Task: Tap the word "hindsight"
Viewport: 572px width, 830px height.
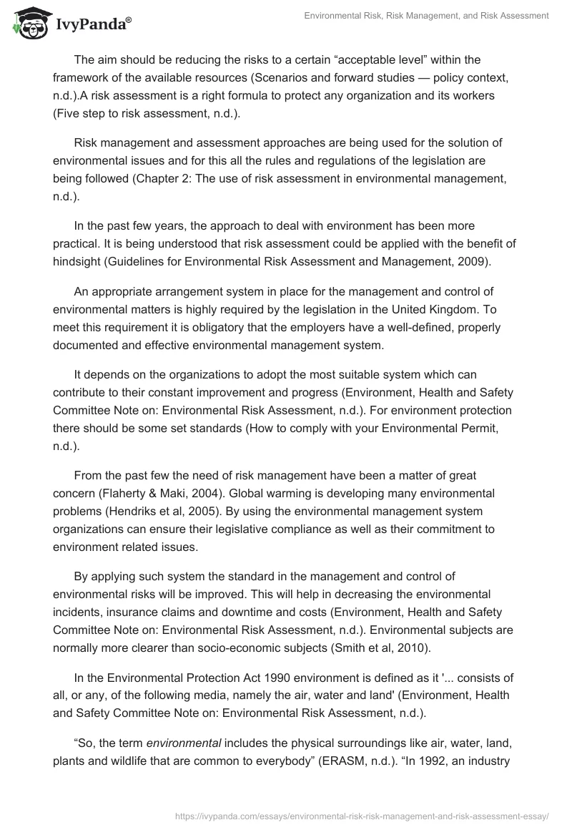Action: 78,261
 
